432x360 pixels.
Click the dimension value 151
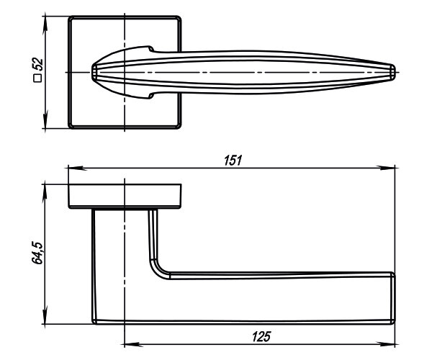point(232,160)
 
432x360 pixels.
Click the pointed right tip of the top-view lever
point(394,71)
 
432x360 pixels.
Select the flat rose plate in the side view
point(126,197)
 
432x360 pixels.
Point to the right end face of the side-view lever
point(393,299)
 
